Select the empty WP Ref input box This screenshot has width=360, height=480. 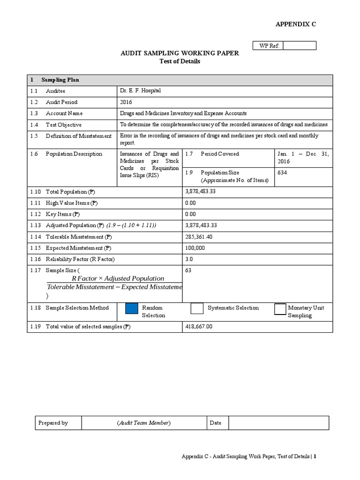(x=300, y=45)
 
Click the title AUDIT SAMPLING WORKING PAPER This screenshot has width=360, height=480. (x=180, y=53)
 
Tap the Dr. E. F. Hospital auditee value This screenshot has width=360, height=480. (x=141, y=90)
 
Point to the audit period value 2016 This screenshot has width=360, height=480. (x=126, y=102)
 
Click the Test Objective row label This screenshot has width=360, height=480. (x=63, y=125)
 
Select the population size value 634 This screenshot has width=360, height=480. (x=282, y=172)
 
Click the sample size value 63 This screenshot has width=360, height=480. (x=189, y=270)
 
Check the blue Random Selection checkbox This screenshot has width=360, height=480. (x=132, y=308)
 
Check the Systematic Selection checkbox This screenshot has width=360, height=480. (x=197, y=308)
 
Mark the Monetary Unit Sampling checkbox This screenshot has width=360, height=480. (x=280, y=309)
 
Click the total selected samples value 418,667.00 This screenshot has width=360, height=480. (x=199, y=327)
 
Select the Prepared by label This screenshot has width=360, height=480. (x=53, y=423)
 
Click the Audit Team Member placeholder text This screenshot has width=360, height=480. (x=144, y=423)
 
